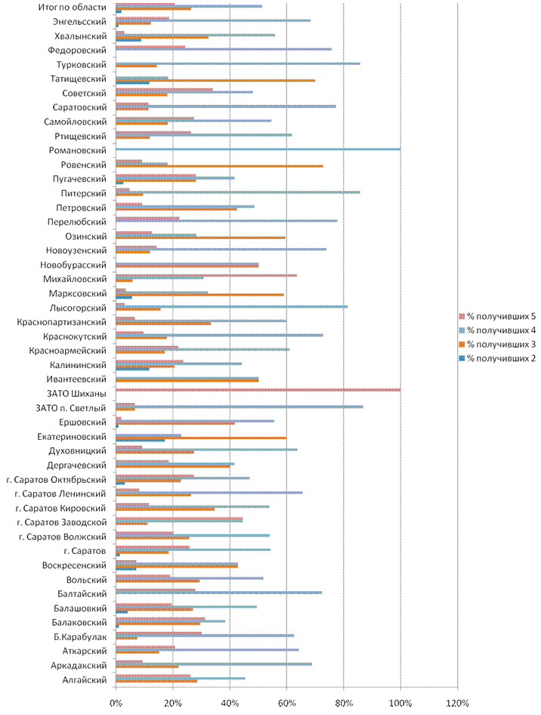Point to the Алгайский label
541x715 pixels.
point(85,679)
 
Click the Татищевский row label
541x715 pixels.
point(78,79)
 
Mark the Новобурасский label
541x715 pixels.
point(73,265)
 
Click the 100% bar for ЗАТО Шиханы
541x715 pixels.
point(257,389)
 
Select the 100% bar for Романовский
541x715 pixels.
point(257,150)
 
